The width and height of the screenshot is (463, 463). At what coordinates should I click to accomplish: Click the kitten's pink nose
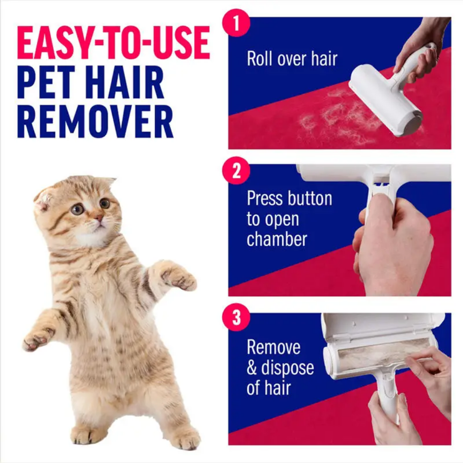[99, 219]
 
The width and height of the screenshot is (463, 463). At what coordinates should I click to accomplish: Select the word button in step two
[310, 199]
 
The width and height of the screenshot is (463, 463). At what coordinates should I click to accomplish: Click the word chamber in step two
[277, 239]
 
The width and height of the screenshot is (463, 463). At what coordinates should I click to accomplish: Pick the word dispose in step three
[288, 368]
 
